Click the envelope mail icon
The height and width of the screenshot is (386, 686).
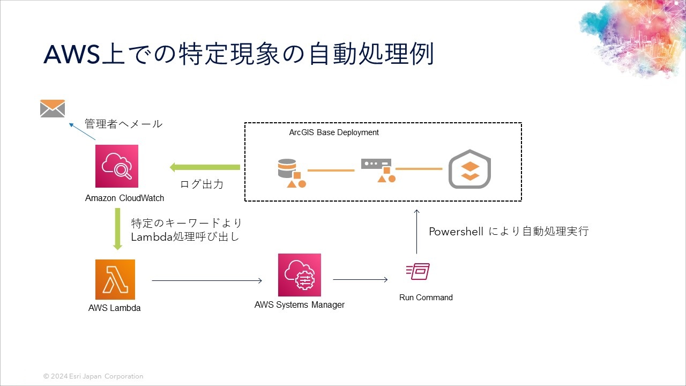pyautogui.click(x=53, y=108)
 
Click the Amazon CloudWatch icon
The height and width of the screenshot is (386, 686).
pyautogui.click(x=117, y=166)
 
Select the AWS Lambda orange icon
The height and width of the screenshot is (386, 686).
pyautogui.click(x=115, y=279)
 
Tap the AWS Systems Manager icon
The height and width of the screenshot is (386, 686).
pyautogui.click(x=299, y=275)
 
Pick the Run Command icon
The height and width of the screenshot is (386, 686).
pyautogui.click(x=418, y=272)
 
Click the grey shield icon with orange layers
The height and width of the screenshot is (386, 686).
pyautogui.click(x=469, y=169)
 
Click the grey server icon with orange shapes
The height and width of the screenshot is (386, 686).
pyautogui.click(x=377, y=170)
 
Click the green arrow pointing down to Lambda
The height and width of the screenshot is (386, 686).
pyautogui.click(x=118, y=229)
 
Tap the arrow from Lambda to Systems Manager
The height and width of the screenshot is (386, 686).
pyautogui.click(x=207, y=280)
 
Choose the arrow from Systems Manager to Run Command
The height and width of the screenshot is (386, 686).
pyautogui.click(x=360, y=279)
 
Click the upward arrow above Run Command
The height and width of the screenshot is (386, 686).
pyautogui.click(x=416, y=231)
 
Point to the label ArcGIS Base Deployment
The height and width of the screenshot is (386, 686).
pyautogui.click(x=334, y=132)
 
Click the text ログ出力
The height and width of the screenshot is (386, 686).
pyautogui.click(x=202, y=184)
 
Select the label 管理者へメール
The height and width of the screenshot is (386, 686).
pyautogui.click(x=123, y=124)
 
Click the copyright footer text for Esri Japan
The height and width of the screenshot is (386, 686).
pyautogui.click(x=93, y=376)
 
